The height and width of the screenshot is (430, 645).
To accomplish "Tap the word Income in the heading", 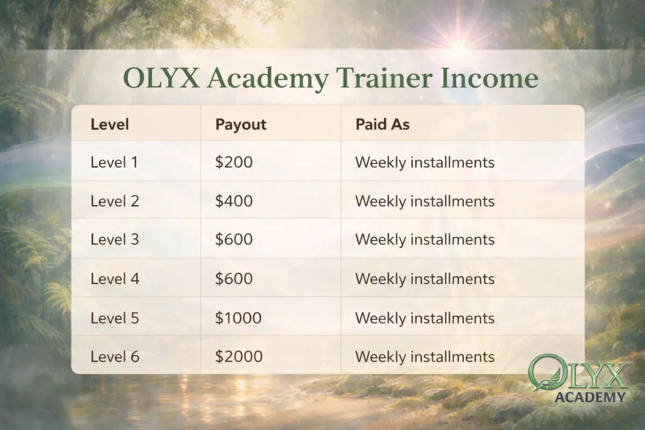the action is [x=490, y=78].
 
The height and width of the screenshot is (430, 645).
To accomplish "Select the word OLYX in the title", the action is [x=161, y=78].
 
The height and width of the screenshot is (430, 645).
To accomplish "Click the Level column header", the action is [x=110, y=124].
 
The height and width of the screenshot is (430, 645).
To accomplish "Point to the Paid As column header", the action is [x=382, y=124].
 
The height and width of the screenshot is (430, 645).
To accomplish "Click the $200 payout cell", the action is [x=234, y=162].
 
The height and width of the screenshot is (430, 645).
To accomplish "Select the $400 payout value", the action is [x=234, y=200].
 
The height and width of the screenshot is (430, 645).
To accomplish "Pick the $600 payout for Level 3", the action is [x=234, y=239].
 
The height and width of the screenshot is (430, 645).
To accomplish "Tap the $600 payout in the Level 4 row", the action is [x=234, y=278].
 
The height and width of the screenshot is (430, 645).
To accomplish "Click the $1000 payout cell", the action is [x=238, y=318].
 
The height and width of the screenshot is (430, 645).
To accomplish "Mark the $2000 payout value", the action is [x=239, y=356].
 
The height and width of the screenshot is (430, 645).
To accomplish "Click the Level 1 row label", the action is [x=114, y=162].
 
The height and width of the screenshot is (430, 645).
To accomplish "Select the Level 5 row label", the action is [x=115, y=318].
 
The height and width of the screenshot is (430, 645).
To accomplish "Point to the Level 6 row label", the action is [x=115, y=356].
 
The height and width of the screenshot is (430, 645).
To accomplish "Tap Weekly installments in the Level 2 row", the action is [x=425, y=201].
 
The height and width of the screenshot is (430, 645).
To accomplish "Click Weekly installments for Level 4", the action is [x=425, y=279].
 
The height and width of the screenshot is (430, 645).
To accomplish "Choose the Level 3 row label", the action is [x=115, y=239].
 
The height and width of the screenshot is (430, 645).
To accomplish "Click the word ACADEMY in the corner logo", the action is [x=590, y=397].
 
